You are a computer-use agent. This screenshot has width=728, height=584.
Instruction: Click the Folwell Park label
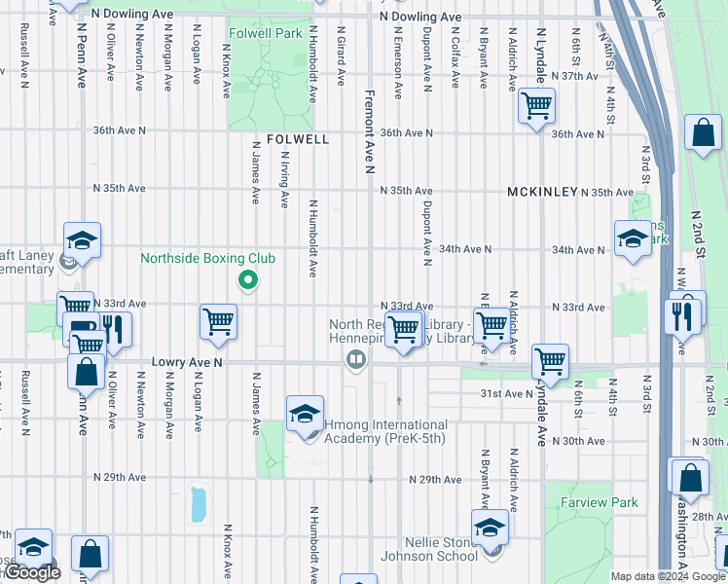pyautogui.click(x=265, y=33)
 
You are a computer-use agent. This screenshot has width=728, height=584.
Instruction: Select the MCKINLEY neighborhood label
pyautogui.click(x=542, y=193)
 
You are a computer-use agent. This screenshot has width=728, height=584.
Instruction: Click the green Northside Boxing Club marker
pyautogui.click(x=248, y=281)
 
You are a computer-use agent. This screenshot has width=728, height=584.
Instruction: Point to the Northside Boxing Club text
pyautogui.click(x=207, y=258)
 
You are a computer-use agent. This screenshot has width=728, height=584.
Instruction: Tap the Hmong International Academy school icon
pyautogui.click(x=306, y=415)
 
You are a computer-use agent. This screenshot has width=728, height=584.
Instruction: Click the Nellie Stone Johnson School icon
pyautogui.click(x=490, y=529)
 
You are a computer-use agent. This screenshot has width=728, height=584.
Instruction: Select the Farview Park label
pyautogui.click(x=599, y=503)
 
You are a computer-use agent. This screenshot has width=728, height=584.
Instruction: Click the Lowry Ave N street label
pyautogui.click(x=188, y=362)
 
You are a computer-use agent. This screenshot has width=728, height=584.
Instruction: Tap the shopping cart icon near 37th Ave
pyautogui.click(x=536, y=105)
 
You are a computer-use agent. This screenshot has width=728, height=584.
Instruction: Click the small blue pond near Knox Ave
pyautogui.click(x=200, y=503)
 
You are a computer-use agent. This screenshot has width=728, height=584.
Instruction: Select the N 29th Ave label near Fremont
pyautogui.click(x=435, y=480)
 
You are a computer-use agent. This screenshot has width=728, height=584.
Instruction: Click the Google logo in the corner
pyautogui.click(x=33, y=573)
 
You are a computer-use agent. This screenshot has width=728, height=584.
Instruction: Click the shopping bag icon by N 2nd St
pyautogui.click(x=702, y=134)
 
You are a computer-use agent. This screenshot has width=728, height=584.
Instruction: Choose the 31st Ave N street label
pyautogui.click(x=505, y=393)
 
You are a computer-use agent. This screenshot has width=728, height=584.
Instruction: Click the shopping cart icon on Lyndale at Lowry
pyautogui.click(x=551, y=361)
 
